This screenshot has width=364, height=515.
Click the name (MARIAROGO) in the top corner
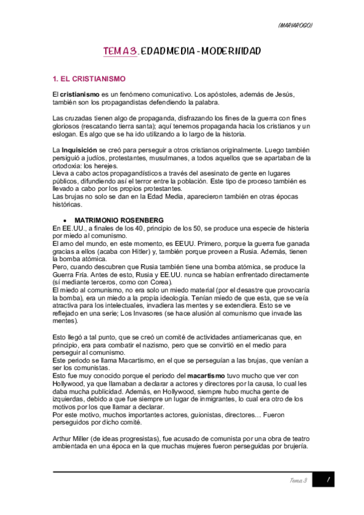295,25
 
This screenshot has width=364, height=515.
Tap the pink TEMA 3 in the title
120,52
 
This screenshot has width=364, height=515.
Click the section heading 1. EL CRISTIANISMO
89,79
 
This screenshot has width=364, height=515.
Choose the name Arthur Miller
74,439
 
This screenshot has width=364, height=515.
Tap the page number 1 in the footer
326,480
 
